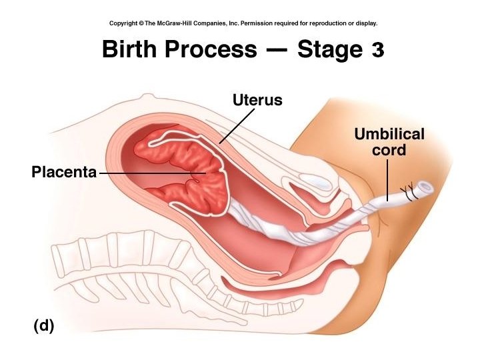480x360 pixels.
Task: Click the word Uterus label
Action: pos(257,101)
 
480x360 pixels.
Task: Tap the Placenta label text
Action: pos(63,173)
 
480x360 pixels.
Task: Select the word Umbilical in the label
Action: pos(389,134)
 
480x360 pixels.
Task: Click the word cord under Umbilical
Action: pos(389,150)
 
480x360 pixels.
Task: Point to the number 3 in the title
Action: pos(377,49)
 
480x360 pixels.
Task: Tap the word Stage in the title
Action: pos(330,50)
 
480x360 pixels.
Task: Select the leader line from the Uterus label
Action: pos(237,125)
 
